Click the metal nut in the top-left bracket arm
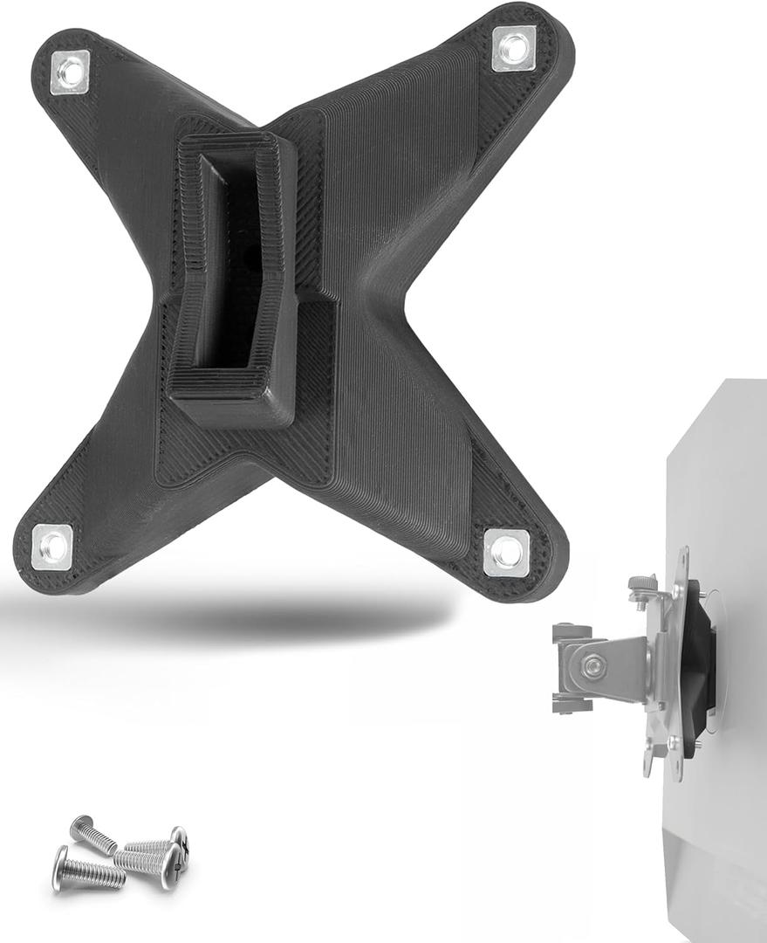[x=70, y=72]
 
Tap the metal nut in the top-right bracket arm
[x=514, y=48]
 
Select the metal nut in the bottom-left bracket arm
[x=52, y=547]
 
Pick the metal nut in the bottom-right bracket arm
[x=506, y=552]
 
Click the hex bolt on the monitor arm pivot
[x=595, y=666]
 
